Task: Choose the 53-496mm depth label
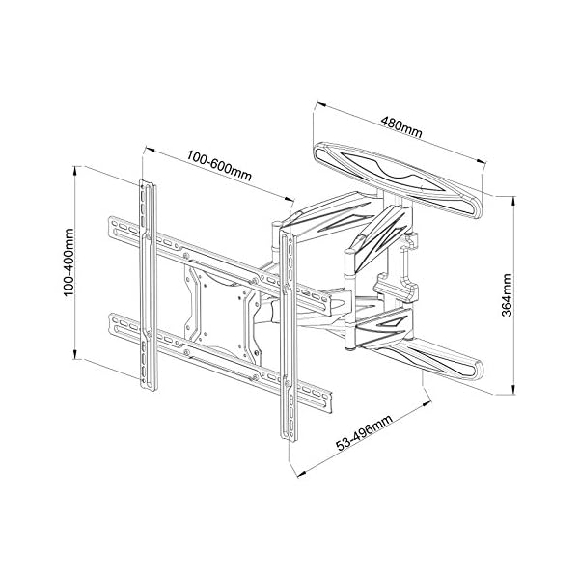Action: (x=364, y=431)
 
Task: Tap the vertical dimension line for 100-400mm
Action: (x=77, y=264)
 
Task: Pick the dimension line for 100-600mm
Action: (x=217, y=175)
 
